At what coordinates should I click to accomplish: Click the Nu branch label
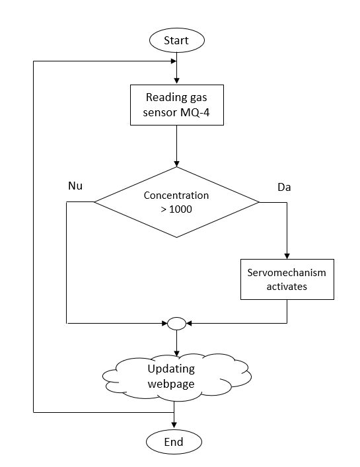click(75, 186)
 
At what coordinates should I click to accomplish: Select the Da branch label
click(284, 187)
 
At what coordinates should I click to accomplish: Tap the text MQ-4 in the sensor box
click(195, 112)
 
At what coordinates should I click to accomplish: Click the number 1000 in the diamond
click(180, 209)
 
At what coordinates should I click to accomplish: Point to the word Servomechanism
click(287, 273)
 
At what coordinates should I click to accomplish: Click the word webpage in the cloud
click(171, 384)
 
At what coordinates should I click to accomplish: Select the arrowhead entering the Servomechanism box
click(287, 256)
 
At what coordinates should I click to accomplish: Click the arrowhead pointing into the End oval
click(174, 425)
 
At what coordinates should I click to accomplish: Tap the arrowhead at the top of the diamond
click(176, 164)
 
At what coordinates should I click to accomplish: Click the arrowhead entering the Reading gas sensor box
click(176, 81)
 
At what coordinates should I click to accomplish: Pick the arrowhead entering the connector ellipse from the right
click(189, 323)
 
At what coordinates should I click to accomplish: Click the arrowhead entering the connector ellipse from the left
click(164, 323)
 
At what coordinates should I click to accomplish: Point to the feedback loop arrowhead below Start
click(174, 61)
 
